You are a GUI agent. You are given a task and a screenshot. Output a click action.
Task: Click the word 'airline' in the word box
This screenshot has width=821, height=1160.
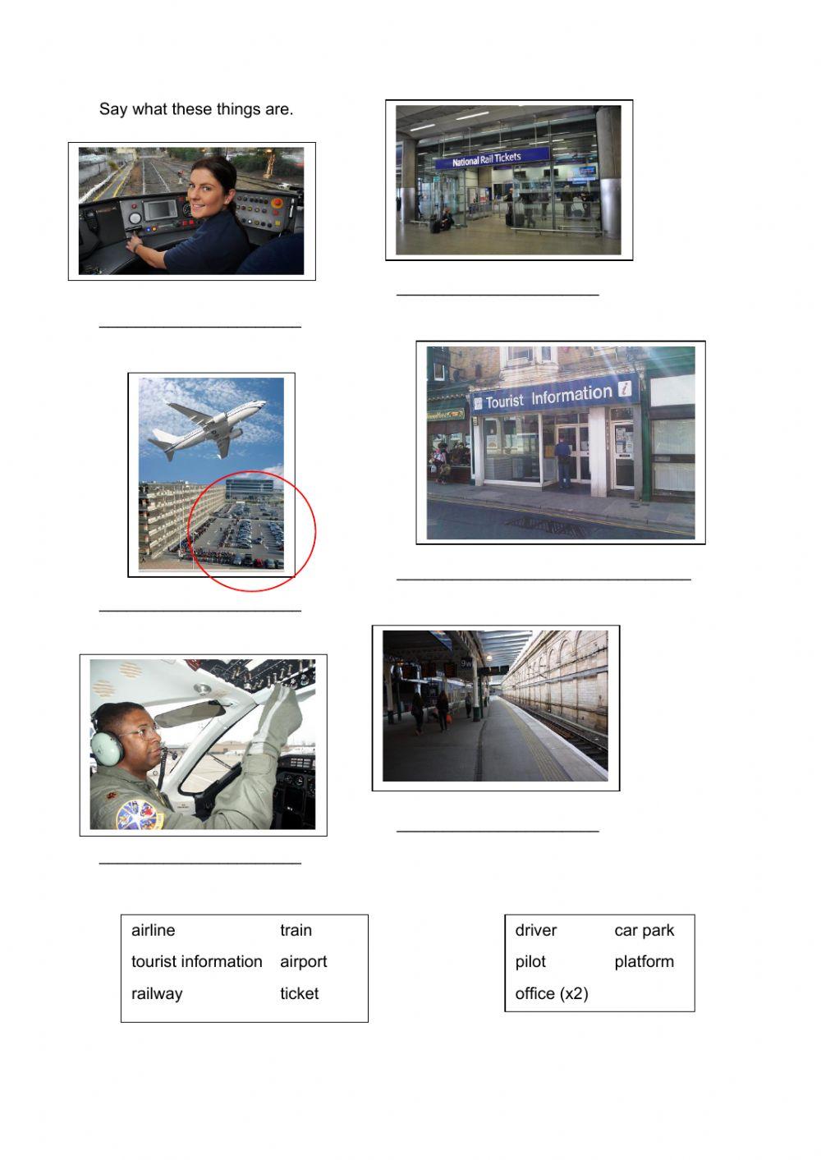tap(153, 930)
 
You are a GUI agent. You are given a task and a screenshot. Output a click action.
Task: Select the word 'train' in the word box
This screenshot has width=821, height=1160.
tap(296, 930)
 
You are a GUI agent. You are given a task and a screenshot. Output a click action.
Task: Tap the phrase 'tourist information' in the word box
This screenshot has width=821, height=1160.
tap(196, 961)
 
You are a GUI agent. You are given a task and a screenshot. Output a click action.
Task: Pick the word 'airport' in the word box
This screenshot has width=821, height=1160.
tap(303, 961)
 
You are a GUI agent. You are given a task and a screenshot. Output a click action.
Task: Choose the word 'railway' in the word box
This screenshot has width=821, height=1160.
tap(157, 993)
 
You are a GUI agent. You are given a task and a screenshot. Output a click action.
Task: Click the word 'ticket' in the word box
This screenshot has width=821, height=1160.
tap(299, 993)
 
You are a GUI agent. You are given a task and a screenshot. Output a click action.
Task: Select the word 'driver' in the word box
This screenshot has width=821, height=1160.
tap(535, 930)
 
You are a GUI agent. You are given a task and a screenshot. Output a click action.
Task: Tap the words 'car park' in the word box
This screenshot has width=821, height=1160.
tap(644, 930)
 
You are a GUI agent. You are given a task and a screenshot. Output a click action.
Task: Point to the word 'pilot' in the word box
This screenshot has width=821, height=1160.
tap(530, 961)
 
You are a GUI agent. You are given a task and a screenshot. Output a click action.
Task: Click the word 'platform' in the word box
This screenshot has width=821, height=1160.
tap(644, 961)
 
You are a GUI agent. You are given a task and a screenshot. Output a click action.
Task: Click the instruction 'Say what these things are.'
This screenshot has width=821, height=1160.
tap(196, 109)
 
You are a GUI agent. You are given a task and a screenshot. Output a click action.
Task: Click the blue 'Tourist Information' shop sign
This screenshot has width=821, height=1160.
tap(554, 397)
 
